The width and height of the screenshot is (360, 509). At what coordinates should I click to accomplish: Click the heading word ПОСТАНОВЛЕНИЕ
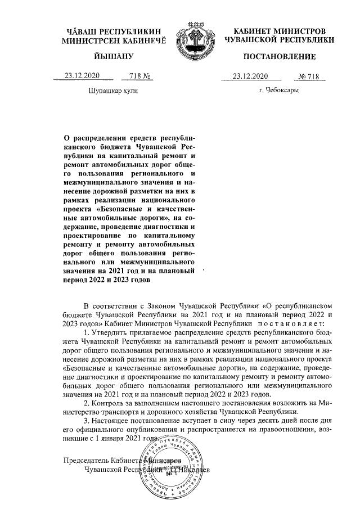click(278, 57)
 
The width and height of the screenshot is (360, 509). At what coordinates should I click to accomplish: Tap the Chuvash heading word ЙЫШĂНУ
click(112, 57)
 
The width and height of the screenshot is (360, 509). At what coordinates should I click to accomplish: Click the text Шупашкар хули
click(112, 90)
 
